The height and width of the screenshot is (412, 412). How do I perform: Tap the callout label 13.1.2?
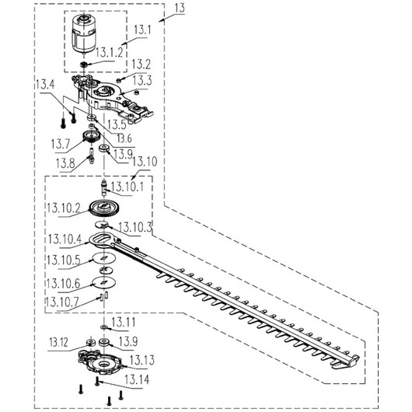(109, 53)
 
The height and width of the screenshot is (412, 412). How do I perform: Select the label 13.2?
(141, 65)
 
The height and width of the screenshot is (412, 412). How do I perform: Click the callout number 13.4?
(45, 85)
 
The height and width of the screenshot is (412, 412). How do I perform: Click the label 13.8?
(65, 164)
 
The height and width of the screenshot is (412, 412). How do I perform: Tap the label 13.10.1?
(127, 187)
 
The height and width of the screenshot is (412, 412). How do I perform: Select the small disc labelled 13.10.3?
(102, 225)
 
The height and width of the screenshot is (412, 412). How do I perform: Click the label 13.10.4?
(65, 239)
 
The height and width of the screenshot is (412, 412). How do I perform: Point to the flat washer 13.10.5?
(104, 258)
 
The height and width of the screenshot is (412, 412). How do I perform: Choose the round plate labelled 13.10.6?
(104, 282)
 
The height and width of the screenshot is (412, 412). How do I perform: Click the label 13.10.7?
(62, 302)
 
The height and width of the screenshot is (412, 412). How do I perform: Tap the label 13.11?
(124, 322)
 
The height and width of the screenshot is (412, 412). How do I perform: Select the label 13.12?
(58, 342)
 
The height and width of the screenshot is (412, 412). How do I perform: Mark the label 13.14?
(137, 379)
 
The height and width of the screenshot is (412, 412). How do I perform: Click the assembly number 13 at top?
(180, 9)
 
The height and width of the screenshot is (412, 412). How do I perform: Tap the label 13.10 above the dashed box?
(145, 162)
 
